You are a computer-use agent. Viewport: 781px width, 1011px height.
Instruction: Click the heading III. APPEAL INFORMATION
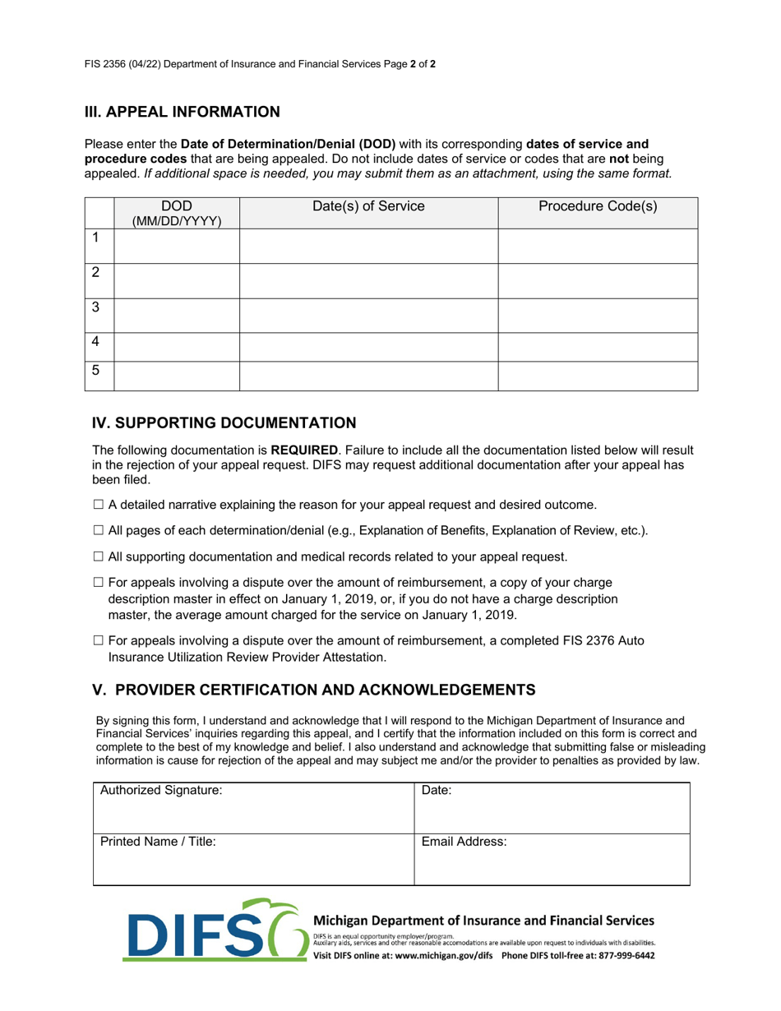[182, 112]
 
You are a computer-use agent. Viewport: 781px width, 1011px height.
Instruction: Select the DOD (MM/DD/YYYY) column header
[176, 213]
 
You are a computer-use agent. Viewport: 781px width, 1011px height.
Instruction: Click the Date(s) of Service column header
[368, 207]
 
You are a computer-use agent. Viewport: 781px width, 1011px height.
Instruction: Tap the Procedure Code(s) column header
[598, 207]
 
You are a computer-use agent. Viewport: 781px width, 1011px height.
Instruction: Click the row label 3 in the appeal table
[96, 307]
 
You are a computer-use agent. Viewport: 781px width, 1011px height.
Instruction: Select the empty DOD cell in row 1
[176, 246]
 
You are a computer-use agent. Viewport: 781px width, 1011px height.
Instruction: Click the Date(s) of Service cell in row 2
[368, 280]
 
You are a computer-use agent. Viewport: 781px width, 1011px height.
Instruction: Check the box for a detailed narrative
[99, 505]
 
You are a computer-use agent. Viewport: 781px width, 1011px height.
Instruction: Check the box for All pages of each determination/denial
[99, 531]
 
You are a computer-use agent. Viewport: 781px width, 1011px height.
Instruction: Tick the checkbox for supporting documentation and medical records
[99, 557]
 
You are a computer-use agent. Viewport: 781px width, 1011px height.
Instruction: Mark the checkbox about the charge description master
[99, 583]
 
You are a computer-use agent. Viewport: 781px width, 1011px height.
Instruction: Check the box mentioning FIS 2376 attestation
[99, 640]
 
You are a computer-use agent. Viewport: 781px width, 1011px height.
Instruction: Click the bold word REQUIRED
[304, 450]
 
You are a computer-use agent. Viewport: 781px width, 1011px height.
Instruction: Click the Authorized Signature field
[253, 810]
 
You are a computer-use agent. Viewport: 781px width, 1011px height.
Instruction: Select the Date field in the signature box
[551, 810]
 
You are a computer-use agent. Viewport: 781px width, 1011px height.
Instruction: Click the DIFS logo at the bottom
[214, 931]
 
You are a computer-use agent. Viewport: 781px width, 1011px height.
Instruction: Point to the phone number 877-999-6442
[626, 956]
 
